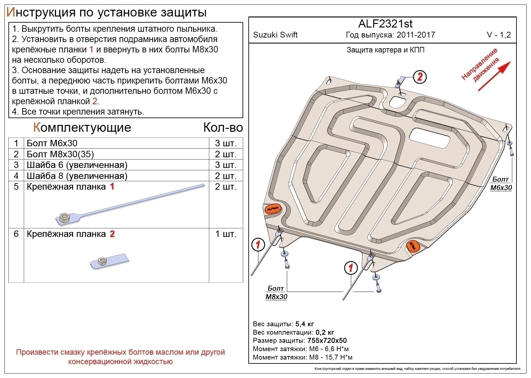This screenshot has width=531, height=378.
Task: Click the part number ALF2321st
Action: click(385, 24)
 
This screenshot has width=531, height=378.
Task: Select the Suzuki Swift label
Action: click(275, 35)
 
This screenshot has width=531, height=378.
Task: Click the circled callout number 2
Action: click(420, 77)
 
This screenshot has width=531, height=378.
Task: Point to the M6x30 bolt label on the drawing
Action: click(501, 183)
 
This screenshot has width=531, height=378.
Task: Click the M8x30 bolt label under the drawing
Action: click(276, 293)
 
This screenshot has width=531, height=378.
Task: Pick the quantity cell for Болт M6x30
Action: click(225, 143)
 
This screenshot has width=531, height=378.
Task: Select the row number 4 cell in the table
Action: click(16, 176)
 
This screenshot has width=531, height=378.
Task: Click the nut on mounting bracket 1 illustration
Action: click(64, 217)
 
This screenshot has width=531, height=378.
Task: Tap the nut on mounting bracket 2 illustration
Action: click(102, 261)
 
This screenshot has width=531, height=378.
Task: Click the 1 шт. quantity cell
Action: click(225, 234)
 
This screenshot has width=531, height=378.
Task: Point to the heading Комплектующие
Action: click(82, 128)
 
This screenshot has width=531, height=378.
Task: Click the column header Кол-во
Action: click(223, 128)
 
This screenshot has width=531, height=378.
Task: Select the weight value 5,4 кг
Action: click(305, 324)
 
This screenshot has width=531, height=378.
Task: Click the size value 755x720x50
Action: click(327, 340)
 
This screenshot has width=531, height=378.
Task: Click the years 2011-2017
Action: click(416, 35)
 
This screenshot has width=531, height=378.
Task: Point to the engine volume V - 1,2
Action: click(499, 35)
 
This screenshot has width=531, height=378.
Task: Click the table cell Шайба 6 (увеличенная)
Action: click(77, 165)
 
